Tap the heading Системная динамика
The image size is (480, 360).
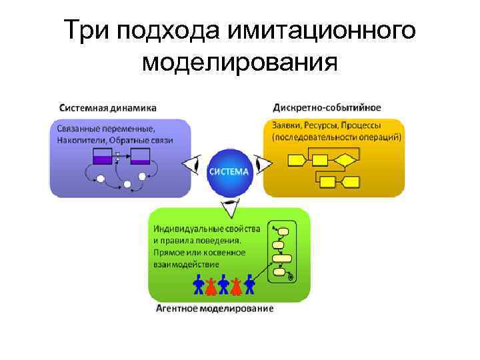pyautogui.click(x=108, y=107)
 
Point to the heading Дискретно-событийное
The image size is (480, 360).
pyautogui.click(x=327, y=107)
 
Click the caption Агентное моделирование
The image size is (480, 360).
pyautogui.click(x=214, y=309)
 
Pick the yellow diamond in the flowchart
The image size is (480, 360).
pyautogui.click(x=344, y=160)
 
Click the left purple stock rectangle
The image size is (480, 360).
pyautogui.click(x=102, y=157)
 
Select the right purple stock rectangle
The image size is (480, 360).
pyautogui.click(x=140, y=157)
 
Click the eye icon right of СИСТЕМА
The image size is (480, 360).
pyautogui.click(x=264, y=164)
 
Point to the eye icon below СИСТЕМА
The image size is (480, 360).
pyautogui.click(x=229, y=208)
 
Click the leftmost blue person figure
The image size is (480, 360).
pyautogui.click(x=198, y=285)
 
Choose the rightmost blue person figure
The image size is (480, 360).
pyautogui.click(x=250, y=285)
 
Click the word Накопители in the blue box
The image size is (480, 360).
pyautogui.click(x=81, y=140)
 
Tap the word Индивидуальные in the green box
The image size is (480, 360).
pyautogui.click(x=189, y=229)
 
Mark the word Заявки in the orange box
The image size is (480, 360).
pyautogui.click(x=286, y=125)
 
